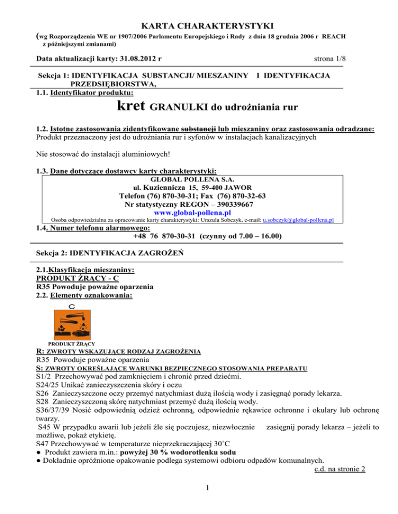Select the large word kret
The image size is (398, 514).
point(132,108)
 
